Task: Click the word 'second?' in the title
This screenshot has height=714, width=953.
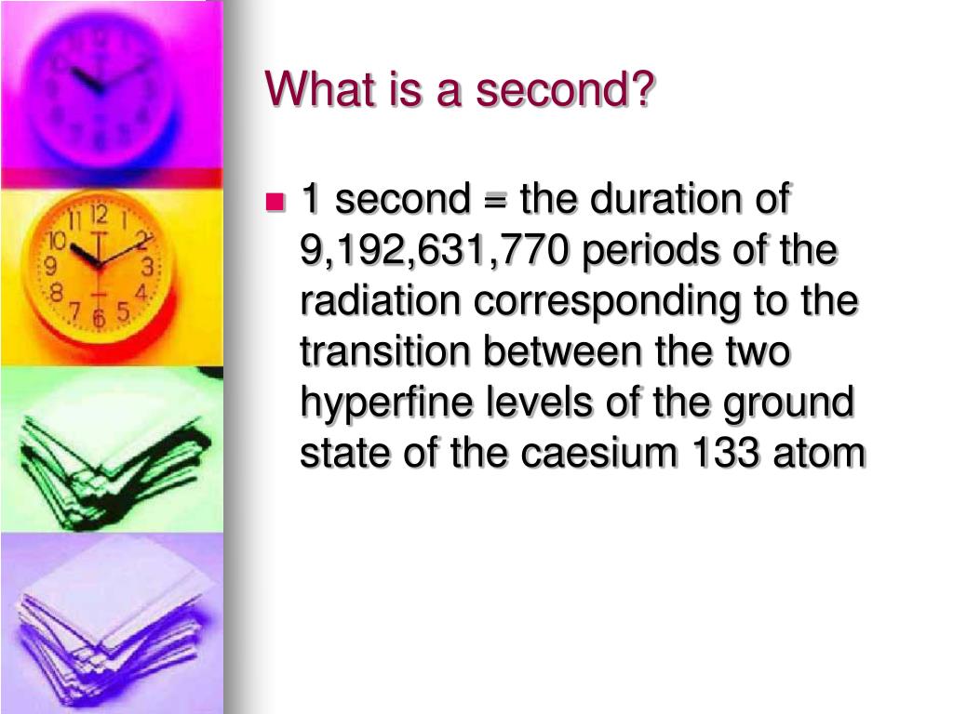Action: pyautogui.click(x=565, y=88)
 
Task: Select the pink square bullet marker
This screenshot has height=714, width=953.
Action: pyautogui.click(x=275, y=201)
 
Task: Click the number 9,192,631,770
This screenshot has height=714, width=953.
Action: pyautogui.click(x=434, y=250)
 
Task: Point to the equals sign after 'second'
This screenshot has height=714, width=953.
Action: pyautogui.click(x=495, y=200)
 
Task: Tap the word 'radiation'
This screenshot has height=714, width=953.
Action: pyautogui.click(x=380, y=300)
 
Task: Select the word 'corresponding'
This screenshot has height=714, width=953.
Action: pyautogui.click(x=607, y=302)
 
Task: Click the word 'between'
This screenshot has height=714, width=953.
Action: pyautogui.click(x=562, y=351)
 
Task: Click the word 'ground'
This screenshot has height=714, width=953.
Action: pyautogui.click(x=789, y=403)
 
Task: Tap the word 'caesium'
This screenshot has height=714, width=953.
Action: pyautogui.click(x=598, y=453)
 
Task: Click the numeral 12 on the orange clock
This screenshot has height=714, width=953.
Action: pyautogui.click(x=100, y=215)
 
